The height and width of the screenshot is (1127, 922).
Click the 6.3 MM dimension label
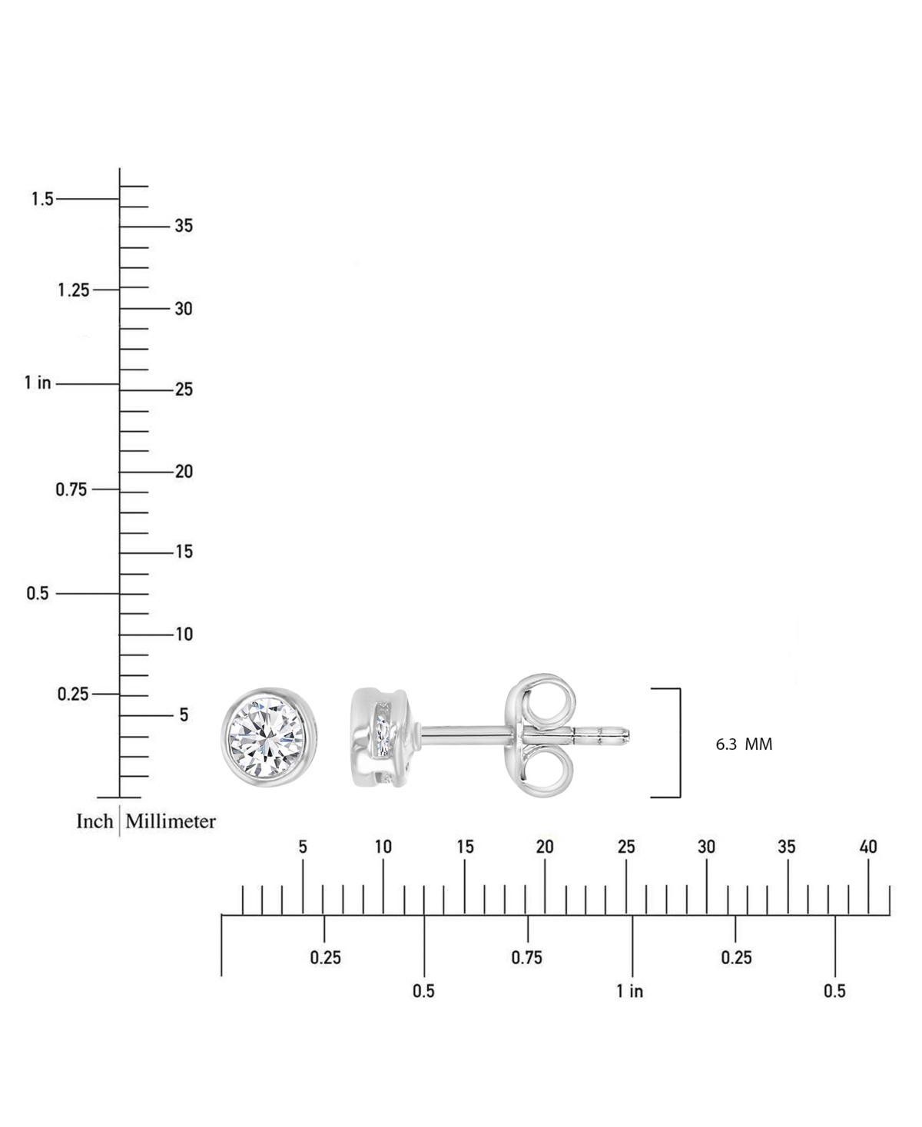point(744,744)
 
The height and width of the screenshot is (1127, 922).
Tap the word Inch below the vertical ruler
point(95,821)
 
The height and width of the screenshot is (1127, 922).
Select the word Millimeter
point(171,821)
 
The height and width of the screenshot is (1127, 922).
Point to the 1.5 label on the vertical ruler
point(42,199)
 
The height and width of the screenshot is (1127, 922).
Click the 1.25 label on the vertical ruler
point(74,290)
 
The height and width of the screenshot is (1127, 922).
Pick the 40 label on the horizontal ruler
point(868,847)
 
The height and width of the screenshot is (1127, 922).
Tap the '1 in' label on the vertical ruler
point(38,383)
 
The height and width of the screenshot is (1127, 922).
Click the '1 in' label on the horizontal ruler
point(629,991)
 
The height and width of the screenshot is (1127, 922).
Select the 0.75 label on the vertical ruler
point(71,489)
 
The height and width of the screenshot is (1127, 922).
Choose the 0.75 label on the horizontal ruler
point(527,957)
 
